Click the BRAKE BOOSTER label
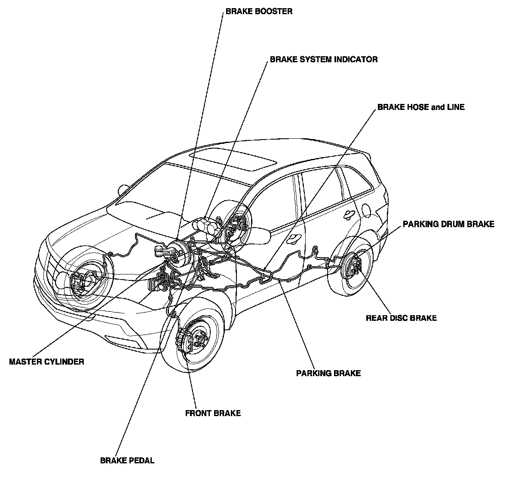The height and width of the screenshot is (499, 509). click(x=259, y=11)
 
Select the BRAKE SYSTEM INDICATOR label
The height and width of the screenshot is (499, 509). click(x=324, y=60)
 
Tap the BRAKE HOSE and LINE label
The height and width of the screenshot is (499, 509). click(x=421, y=107)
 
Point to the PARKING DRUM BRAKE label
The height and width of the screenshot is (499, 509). click(x=448, y=224)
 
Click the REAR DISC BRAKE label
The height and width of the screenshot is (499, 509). click(x=401, y=318)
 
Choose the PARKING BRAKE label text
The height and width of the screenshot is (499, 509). click(x=328, y=373)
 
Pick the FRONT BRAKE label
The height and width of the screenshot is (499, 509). click(x=213, y=414)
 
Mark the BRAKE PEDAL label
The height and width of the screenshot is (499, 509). click(x=127, y=461)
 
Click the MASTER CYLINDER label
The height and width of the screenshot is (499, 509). click(x=46, y=362)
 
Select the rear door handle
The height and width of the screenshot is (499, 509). click(x=349, y=213)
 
